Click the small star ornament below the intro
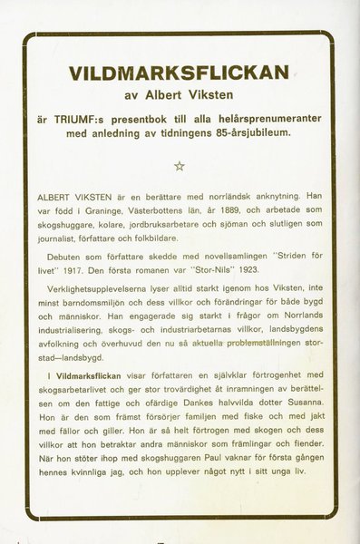point(179,165)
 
